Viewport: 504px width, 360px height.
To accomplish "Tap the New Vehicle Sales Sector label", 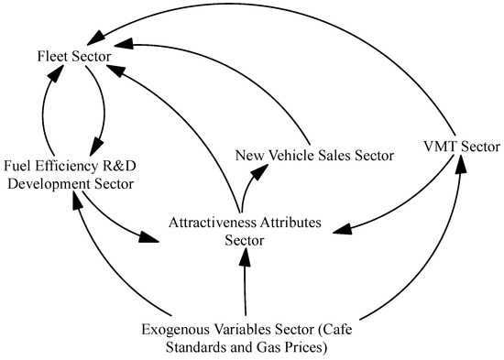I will [x=313, y=156].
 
